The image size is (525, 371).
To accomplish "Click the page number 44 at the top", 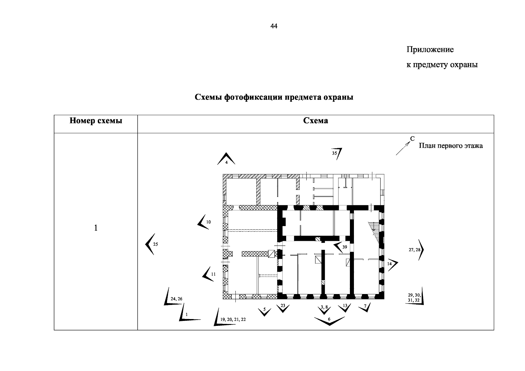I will point(273,26).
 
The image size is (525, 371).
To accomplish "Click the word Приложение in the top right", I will point(430,49).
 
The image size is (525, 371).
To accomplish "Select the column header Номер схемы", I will point(96,121).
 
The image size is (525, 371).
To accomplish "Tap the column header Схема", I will point(315,121).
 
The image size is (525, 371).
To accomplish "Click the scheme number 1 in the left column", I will point(96,228).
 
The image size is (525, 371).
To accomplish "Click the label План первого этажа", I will point(450,146).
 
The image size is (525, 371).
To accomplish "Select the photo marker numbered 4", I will point(226,159).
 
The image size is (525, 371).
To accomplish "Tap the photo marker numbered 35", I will point(337,153).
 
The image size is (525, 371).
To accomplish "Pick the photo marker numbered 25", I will point(151,244).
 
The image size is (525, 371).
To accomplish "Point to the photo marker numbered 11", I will point(209,274).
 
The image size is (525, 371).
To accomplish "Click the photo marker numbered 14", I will point(392,264).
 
